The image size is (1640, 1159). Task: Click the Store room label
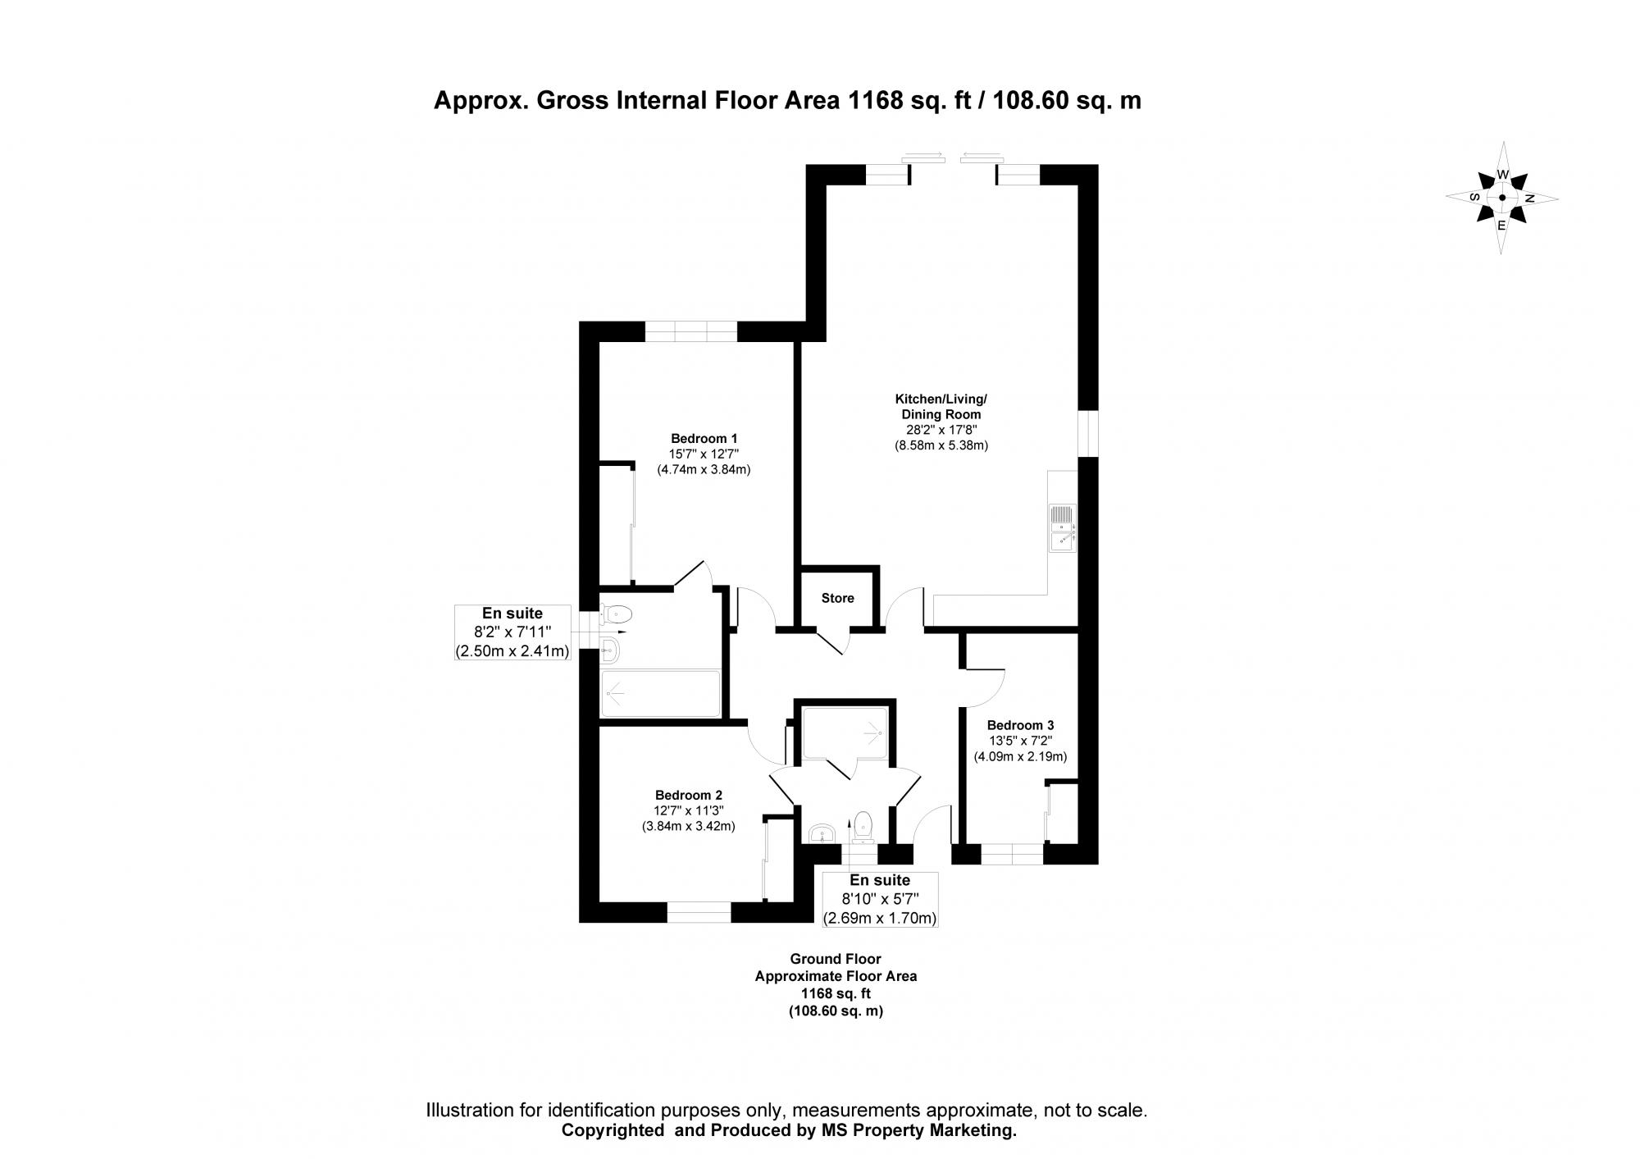[x=837, y=598]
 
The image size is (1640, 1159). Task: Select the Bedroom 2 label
[x=688, y=795]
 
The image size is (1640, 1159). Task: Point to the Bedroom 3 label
[x=1020, y=725]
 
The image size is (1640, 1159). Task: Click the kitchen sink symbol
[x=1062, y=527]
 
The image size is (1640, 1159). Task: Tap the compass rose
[x=1501, y=198]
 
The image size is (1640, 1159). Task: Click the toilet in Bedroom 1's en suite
[x=616, y=614]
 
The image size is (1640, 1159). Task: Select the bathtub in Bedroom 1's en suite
[x=660, y=694]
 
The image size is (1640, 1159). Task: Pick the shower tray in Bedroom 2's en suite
[x=845, y=732]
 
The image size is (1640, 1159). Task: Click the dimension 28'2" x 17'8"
[x=941, y=430]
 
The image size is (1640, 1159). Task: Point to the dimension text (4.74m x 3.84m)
[x=704, y=470]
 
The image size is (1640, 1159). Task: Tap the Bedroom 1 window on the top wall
[x=690, y=331]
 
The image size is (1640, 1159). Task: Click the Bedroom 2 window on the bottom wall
[x=698, y=912]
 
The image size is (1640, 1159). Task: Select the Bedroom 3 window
[x=1012, y=855]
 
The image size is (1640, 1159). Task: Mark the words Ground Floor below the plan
[x=835, y=958]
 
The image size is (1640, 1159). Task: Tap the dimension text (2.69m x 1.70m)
[x=880, y=918]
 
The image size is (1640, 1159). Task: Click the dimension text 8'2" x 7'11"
[x=512, y=632]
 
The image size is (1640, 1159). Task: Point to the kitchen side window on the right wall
[x=1088, y=432]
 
